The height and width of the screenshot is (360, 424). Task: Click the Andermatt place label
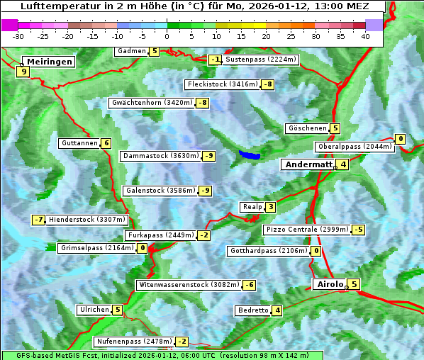click(308, 164)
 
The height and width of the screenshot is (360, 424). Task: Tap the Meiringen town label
click(48, 62)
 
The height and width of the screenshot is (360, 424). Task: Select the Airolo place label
click(330, 284)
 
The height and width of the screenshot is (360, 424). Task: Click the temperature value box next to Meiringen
click(23, 71)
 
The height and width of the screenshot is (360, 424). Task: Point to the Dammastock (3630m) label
click(162, 156)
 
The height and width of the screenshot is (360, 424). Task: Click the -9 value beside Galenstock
click(205, 191)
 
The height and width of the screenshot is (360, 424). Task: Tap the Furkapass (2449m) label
click(160, 235)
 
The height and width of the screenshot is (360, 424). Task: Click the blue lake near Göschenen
click(250, 154)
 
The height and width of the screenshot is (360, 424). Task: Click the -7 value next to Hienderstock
click(38, 220)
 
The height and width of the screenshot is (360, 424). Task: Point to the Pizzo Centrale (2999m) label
click(307, 230)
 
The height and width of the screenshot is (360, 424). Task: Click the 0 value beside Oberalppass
click(401, 139)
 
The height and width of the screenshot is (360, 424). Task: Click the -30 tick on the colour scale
click(18, 35)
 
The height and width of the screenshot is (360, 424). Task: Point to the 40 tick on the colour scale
click(365, 35)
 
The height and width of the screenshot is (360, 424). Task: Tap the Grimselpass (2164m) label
click(96, 248)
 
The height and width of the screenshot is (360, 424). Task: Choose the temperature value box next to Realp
click(271, 207)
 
